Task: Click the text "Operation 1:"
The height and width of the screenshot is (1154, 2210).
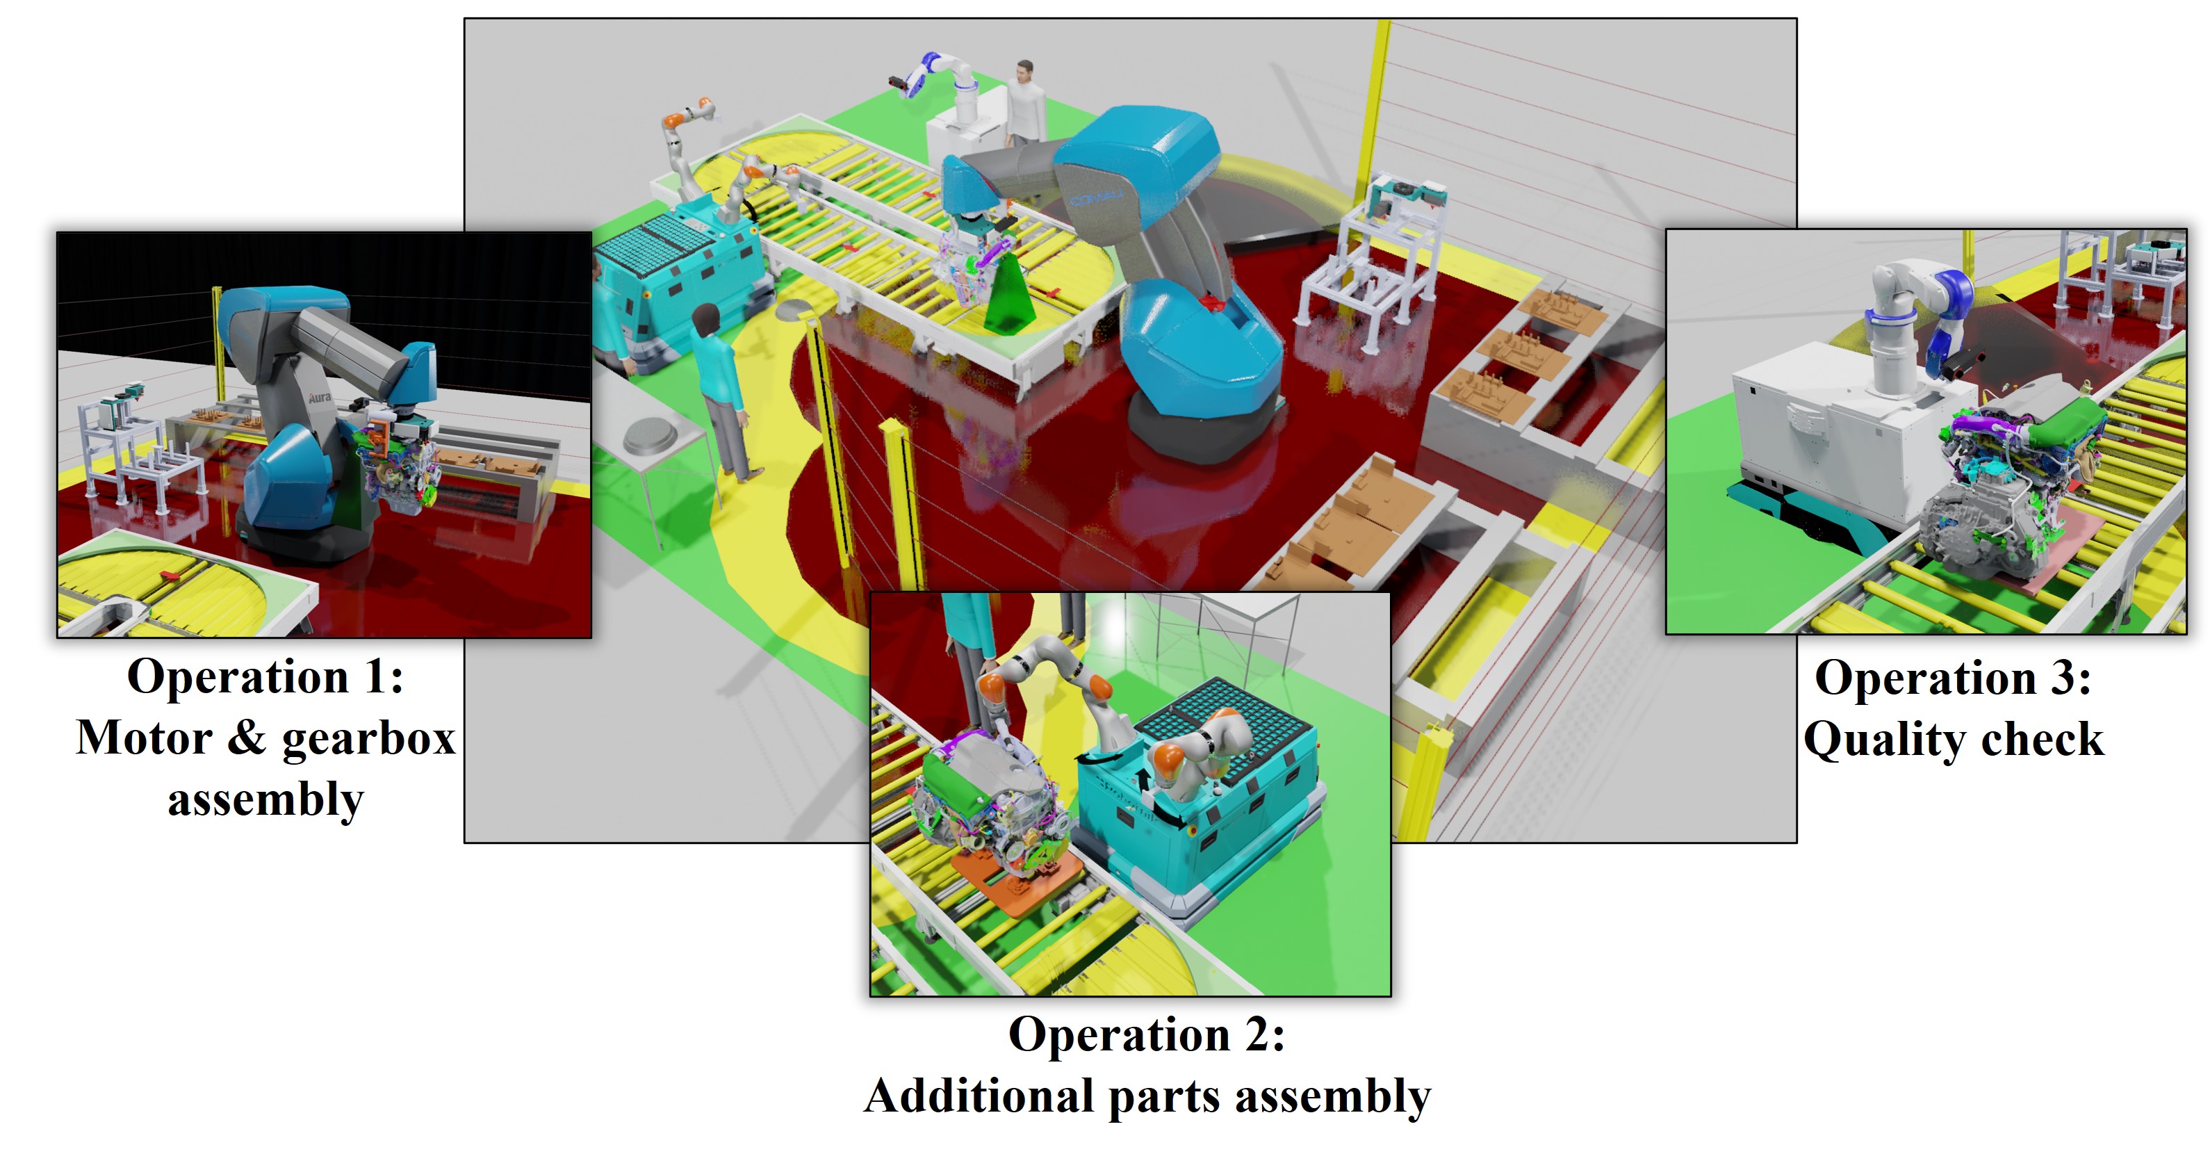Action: click(x=265, y=677)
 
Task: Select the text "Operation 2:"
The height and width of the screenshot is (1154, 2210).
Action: click(x=1146, y=1034)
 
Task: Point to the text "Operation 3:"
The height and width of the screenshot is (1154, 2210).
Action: click(x=1953, y=678)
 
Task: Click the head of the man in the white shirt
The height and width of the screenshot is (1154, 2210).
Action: click(x=1024, y=70)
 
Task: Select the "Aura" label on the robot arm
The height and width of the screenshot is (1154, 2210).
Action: click(x=320, y=397)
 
